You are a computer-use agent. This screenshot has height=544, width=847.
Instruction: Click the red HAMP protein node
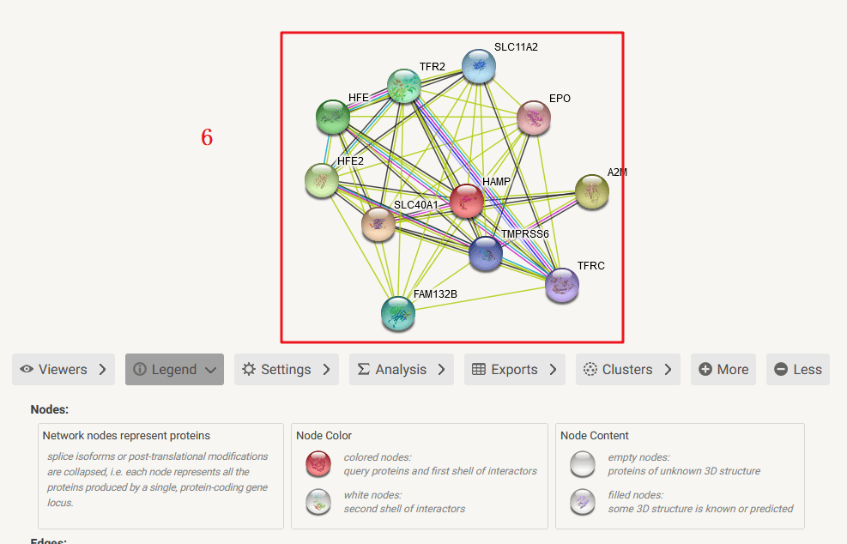tap(467, 201)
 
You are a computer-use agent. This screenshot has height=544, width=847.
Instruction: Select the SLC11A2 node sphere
tap(478, 66)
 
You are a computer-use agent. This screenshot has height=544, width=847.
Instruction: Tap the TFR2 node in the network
tap(403, 86)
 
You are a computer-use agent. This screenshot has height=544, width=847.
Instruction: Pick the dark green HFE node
tap(333, 117)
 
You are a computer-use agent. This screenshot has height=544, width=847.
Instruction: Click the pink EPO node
tap(534, 118)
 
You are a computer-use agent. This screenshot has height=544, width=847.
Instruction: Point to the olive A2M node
tap(591, 191)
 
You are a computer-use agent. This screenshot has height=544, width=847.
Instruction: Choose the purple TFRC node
tap(562, 285)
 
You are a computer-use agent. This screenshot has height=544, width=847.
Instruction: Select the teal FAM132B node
tap(398, 313)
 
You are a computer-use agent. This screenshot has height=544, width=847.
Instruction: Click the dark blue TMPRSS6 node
tap(486, 254)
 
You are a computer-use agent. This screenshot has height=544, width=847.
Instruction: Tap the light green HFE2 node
tap(322, 180)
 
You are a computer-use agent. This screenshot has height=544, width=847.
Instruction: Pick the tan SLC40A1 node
tap(378, 224)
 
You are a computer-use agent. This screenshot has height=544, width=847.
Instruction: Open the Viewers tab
tap(64, 370)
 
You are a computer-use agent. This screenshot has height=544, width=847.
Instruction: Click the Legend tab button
tap(174, 370)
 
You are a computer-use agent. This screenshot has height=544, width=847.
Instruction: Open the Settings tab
tap(286, 370)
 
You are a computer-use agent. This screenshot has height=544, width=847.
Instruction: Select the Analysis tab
tap(401, 370)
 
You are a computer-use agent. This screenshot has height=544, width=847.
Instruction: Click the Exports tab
tap(514, 370)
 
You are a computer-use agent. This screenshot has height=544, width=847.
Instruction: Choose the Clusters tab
tap(627, 370)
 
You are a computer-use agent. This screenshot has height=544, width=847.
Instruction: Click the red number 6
tap(207, 137)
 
